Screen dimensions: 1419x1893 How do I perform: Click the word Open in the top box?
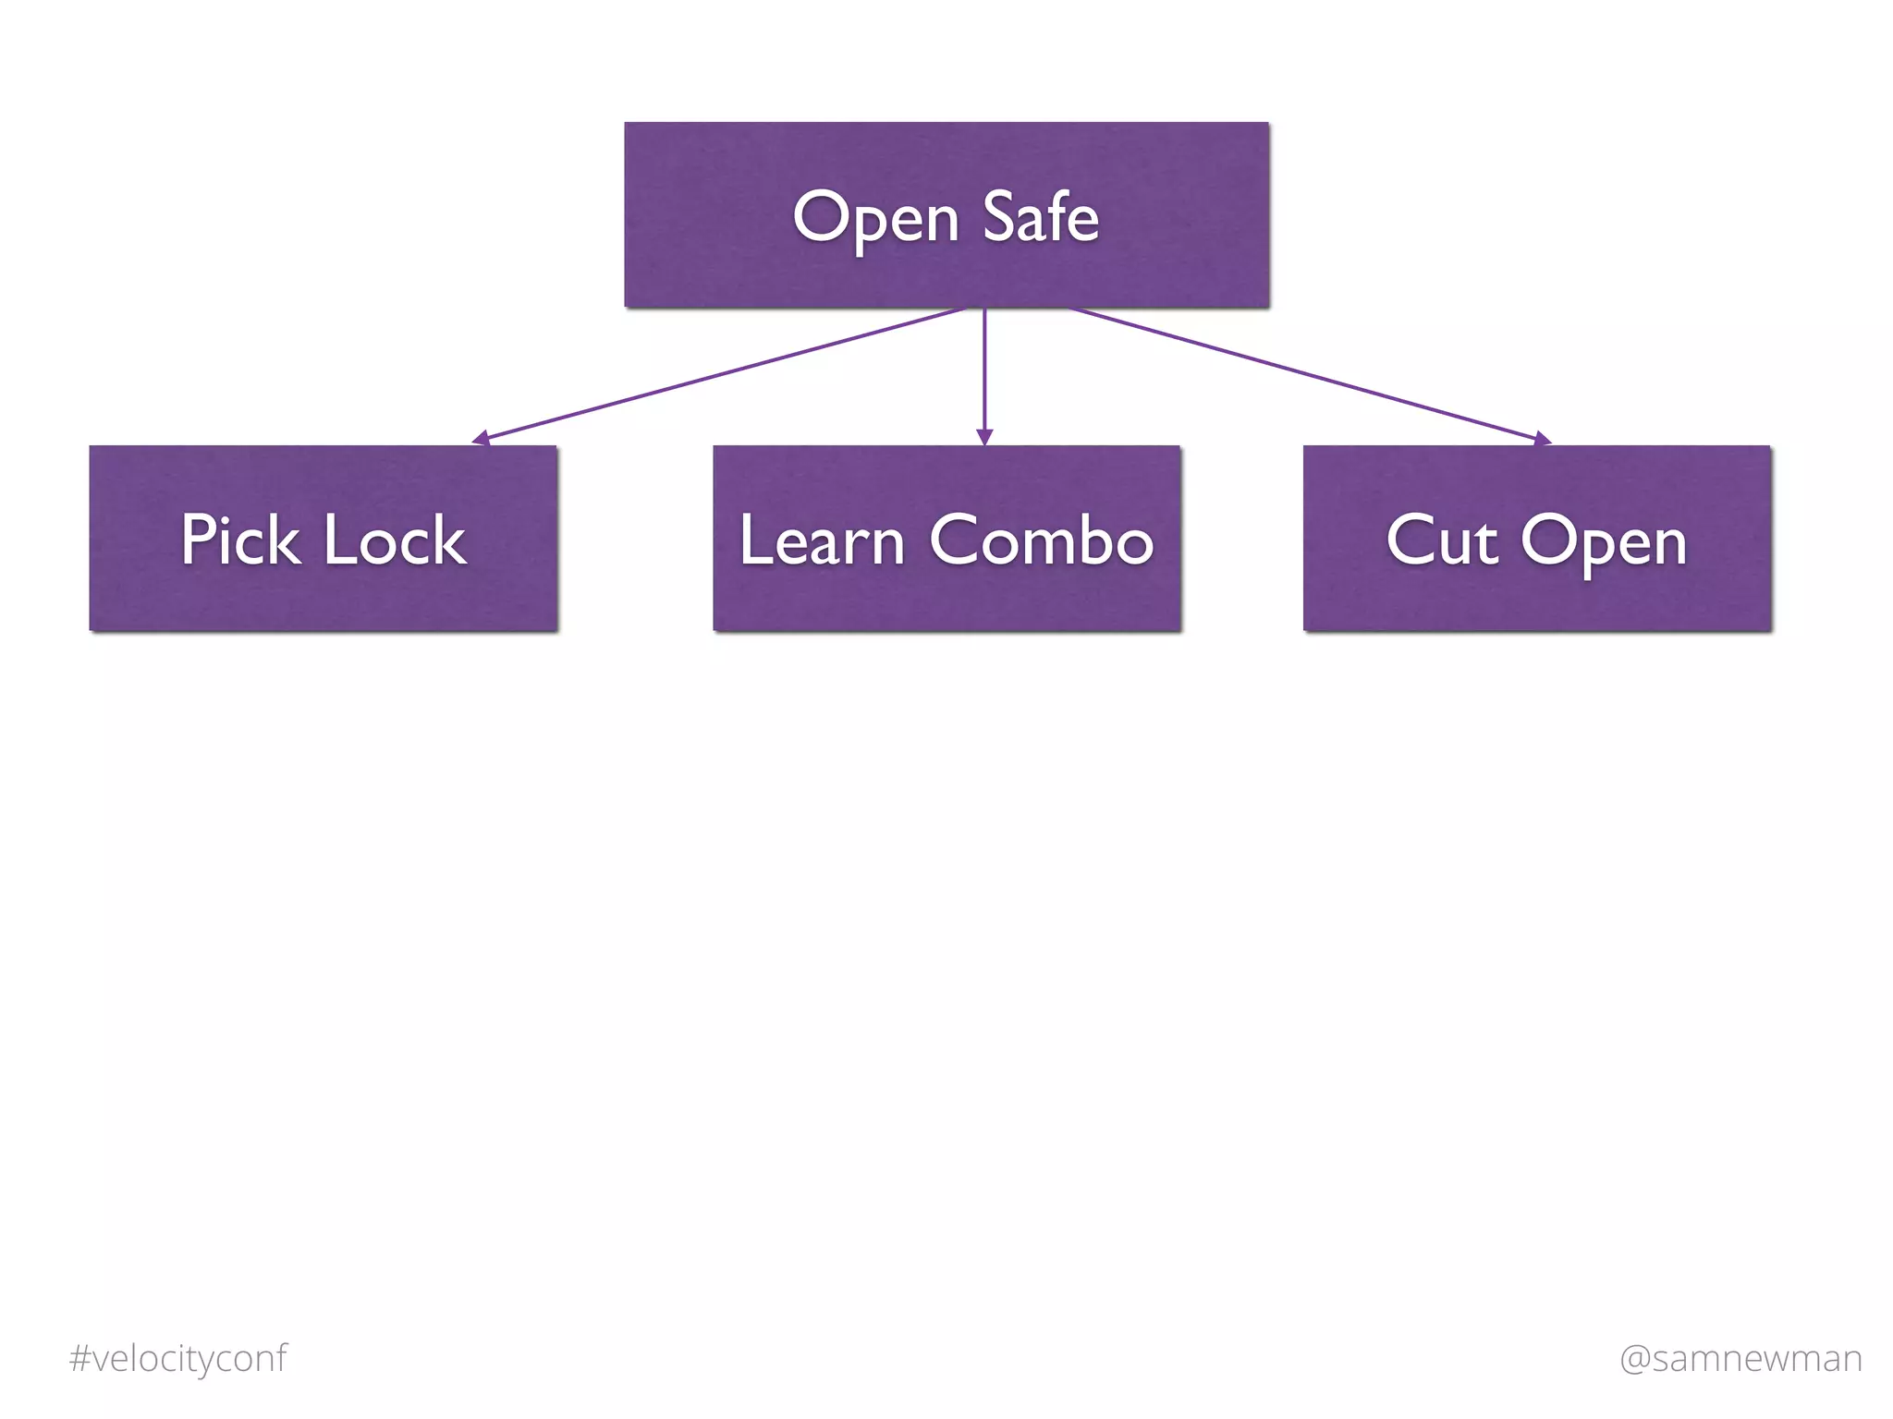click(x=875, y=218)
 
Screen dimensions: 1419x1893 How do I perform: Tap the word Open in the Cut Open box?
click(x=1604, y=541)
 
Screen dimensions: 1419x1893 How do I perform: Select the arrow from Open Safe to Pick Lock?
click(x=721, y=373)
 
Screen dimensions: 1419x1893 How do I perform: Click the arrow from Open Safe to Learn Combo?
click(x=984, y=370)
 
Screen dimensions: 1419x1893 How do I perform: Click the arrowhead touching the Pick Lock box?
click(x=482, y=439)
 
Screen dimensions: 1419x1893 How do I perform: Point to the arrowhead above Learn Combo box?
click(x=984, y=437)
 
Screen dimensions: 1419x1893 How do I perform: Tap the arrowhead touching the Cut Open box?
click(x=1541, y=439)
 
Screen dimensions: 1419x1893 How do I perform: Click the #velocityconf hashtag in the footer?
click(x=177, y=1359)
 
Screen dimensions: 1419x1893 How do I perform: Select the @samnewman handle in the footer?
click(x=1740, y=1359)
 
